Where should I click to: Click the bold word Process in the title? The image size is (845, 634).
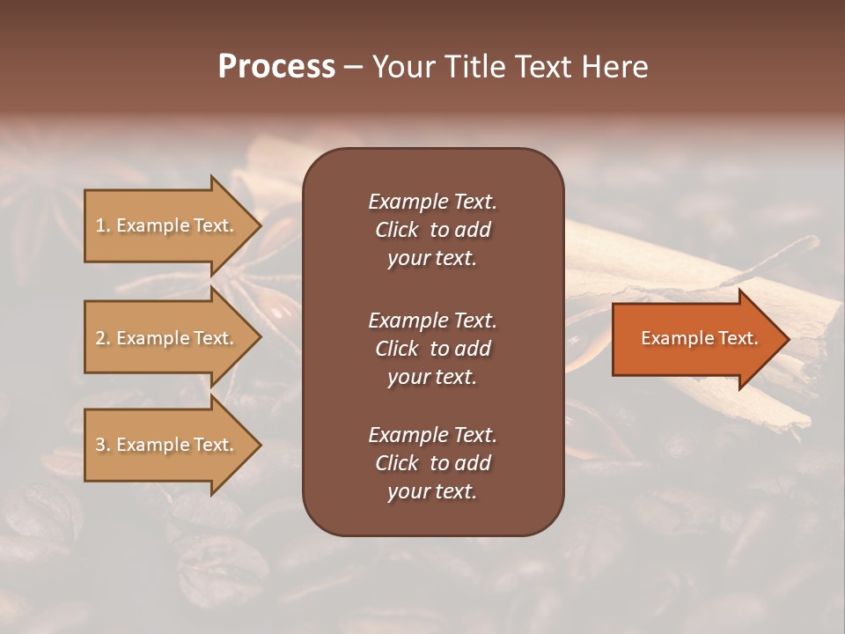(276, 67)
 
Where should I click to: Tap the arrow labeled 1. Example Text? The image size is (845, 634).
(167, 225)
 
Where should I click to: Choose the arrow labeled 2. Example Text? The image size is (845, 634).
(167, 338)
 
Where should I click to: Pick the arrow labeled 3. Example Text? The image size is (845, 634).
(167, 445)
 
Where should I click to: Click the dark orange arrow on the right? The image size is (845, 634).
(695, 338)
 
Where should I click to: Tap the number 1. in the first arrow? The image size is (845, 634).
(103, 226)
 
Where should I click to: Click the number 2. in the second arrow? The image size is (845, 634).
(103, 339)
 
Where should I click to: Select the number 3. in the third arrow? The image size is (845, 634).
(103, 446)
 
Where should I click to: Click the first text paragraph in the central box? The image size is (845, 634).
(432, 230)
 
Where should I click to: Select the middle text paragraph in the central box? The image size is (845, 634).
(432, 349)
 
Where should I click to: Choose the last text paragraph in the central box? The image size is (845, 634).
(432, 463)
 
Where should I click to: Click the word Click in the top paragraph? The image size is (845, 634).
(396, 231)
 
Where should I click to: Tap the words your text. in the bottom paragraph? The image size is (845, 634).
(432, 492)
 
